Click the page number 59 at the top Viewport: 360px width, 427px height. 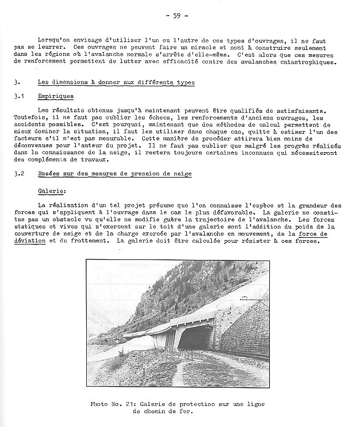point(176,15)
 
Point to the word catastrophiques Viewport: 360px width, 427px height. point(304,63)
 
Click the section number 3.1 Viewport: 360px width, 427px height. point(20,96)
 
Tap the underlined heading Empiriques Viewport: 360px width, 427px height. point(55,96)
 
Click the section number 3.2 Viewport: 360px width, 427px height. point(20,174)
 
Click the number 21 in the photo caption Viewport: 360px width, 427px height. point(136,404)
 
